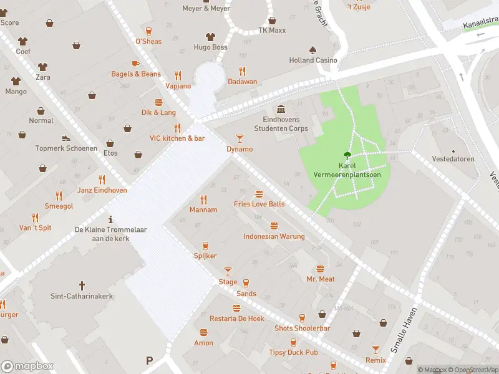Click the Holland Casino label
313,60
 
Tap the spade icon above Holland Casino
312,50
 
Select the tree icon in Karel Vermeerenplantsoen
347,156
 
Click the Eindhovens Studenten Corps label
281,123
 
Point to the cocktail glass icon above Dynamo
240,138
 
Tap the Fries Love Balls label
259,204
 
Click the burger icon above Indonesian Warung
274,226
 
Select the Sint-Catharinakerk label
82,296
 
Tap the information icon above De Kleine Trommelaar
111,219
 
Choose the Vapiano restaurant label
178,86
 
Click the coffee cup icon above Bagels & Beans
135,64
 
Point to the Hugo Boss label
210,47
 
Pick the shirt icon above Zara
42,66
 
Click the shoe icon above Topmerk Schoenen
66,138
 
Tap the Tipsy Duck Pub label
293,353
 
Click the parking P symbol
149,360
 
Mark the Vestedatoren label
453,159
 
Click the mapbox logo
27,367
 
